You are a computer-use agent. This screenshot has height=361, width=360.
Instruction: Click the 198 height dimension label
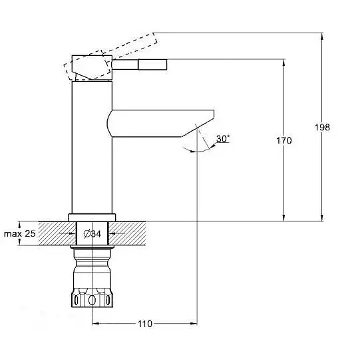[322, 127]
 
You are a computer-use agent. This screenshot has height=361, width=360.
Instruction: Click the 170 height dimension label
[284, 140]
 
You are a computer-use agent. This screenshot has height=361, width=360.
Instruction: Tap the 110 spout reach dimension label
[145, 324]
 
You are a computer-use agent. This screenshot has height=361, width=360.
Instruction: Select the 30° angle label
[223, 138]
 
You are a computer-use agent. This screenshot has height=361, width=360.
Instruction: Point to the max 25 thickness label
[20, 233]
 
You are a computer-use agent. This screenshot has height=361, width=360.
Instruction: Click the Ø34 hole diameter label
[92, 234]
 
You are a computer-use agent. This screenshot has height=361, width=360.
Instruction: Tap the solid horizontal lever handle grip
[152, 64]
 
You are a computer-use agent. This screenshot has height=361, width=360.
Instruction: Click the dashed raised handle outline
[110, 57]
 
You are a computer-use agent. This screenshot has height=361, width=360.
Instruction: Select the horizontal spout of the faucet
[160, 124]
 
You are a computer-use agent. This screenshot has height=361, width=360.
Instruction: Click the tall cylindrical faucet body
[92, 148]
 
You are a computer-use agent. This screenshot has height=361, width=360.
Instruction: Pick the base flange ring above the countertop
[92, 217]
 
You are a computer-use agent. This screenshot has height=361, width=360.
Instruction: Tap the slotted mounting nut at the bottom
[92, 298]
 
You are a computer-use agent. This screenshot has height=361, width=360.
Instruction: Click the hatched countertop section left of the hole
[57, 233]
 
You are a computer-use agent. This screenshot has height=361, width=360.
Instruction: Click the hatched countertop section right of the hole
[126, 233]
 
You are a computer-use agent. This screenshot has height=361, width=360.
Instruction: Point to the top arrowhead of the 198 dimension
[322, 37]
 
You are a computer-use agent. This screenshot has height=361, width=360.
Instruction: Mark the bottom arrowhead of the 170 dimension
[283, 218]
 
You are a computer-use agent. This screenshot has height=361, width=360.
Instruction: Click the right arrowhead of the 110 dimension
[194, 324]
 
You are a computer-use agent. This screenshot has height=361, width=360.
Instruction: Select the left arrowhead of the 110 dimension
[96, 324]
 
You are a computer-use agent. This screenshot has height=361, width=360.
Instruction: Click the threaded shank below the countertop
[92, 268]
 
